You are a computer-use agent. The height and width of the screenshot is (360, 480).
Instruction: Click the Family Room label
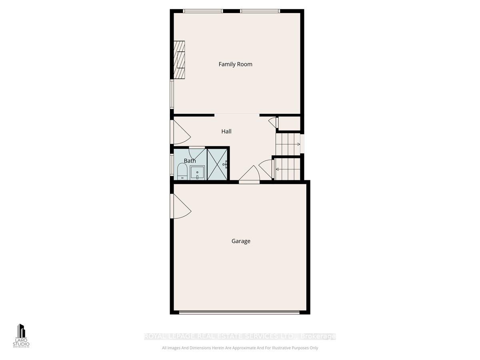[x=235, y=64]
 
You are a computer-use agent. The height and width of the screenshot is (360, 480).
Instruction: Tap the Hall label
[x=226, y=131]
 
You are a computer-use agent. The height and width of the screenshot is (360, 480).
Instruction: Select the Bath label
[x=190, y=161]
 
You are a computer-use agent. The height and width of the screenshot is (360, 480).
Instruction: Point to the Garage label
[x=241, y=241]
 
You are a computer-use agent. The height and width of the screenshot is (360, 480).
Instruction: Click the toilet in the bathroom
[x=182, y=173]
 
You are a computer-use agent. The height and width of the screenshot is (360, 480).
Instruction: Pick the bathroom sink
[x=197, y=172]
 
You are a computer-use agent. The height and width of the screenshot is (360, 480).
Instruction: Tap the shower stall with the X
[x=217, y=164]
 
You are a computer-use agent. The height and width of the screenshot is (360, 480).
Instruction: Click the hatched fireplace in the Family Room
[x=179, y=60]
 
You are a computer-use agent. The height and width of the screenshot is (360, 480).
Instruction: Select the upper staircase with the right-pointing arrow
[x=288, y=144]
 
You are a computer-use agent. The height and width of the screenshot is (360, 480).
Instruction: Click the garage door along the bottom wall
[x=239, y=312]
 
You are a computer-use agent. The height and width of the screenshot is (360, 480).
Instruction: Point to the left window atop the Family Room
[x=203, y=11]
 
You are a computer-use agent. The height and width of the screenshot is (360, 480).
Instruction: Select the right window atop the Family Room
[x=260, y=11]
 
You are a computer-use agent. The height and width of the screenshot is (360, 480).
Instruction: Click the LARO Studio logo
[x=21, y=336]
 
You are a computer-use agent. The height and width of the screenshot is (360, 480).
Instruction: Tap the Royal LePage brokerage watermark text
[x=240, y=336]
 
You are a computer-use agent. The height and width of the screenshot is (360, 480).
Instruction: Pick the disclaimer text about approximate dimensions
[x=240, y=348]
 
